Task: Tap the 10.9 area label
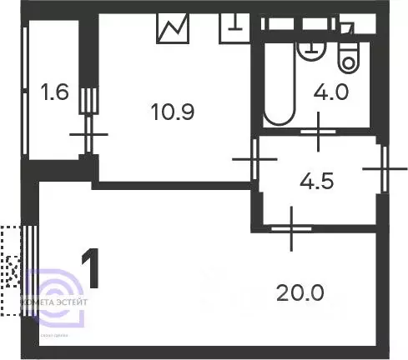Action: [174, 111]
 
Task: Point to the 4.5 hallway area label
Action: [317, 181]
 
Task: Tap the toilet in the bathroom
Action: [346, 55]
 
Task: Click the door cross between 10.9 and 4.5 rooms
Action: [251, 159]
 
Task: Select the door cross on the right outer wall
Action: [385, 167]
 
